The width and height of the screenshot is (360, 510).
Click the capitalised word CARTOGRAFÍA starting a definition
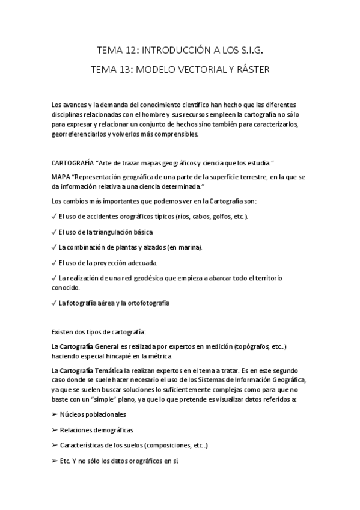pos(73,163)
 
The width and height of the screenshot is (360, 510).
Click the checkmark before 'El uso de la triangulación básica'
pos(55,232)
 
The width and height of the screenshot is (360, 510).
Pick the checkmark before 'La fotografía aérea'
pos(55,303)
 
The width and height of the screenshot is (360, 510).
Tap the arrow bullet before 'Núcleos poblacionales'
pos(55,414)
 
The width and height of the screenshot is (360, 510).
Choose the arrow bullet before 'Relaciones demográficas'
pos(55,430)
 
